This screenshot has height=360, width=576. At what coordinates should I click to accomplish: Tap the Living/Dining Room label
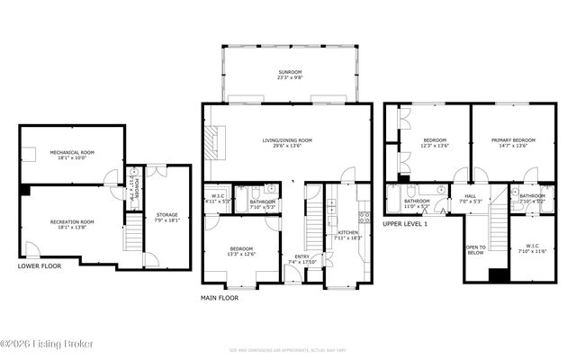286,139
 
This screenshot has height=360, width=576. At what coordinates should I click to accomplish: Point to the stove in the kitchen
364,216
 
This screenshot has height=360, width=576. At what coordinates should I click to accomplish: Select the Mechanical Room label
71,152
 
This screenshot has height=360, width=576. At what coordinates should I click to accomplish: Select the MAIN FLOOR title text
220,297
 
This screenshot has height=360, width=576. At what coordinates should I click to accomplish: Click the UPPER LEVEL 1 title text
405,223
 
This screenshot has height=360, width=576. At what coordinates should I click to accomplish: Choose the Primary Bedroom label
513,139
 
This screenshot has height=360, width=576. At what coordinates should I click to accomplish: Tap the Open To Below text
475,249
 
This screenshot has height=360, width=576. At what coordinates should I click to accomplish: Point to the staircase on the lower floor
133,237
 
